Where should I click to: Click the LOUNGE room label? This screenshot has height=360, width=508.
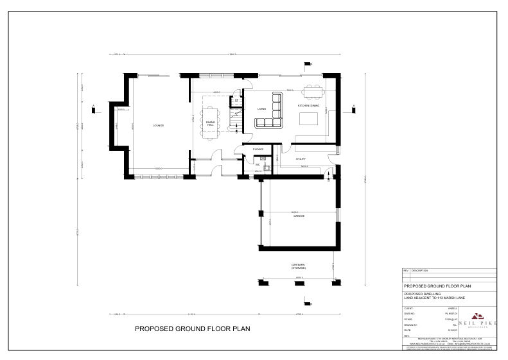[158, 126]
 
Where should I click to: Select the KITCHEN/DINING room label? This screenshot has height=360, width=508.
[308, 105]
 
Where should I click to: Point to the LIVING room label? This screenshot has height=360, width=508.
[262, 109]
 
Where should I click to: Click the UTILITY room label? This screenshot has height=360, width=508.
[301, 159]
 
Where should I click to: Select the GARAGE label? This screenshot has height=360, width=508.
[299, 216]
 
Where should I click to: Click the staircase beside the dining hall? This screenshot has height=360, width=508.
[236, 116]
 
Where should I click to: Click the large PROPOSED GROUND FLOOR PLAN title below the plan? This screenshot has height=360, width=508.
[192, 329]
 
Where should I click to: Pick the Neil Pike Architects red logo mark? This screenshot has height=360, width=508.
[477, 316]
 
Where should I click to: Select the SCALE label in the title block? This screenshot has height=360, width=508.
[408, 319]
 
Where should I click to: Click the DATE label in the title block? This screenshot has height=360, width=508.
[407, 330]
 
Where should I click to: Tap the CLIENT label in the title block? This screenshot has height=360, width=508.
[408, 308]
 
